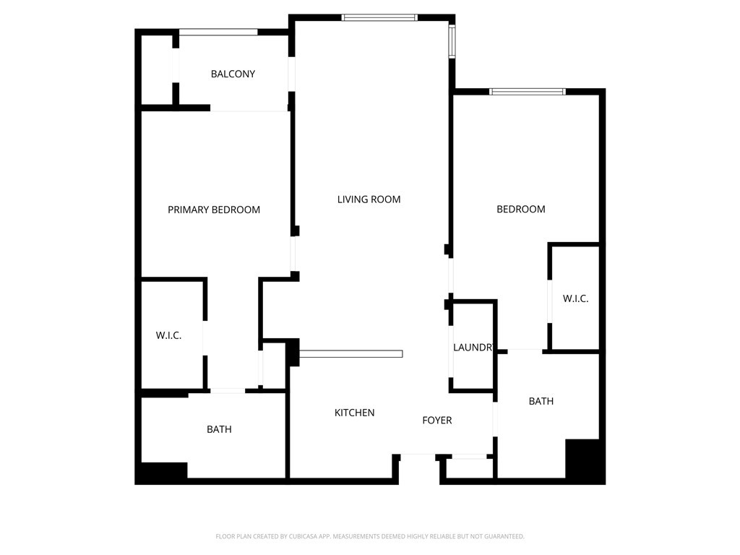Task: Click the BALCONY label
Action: point(233,74)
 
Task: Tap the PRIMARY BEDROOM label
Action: point(214,210)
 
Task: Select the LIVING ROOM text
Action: point(369,199)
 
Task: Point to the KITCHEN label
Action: point(354,413)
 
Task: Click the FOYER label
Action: point(437,421)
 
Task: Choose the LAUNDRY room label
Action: point(473,348)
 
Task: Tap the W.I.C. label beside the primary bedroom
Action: point(168,335)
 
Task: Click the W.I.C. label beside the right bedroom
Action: point(575,298)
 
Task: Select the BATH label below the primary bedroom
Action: point(219,429)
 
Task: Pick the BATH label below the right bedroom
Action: point(541,401)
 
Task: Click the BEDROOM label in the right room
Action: point(521,209)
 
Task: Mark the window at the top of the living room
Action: point(379,18)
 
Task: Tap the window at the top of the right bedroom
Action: point(527,92)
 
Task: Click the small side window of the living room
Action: point(452,41)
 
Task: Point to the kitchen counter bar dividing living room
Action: point(350,354)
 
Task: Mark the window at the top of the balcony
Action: point(218,32)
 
